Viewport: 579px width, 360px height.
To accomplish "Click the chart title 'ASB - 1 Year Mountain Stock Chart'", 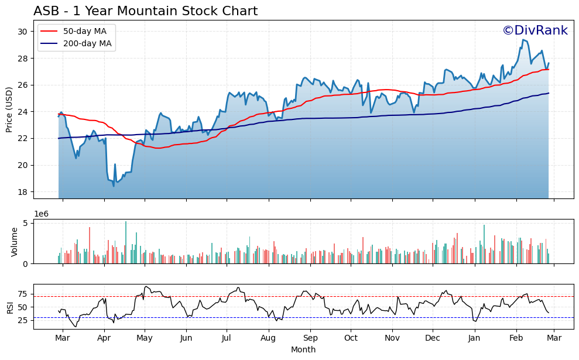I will pos(145,11).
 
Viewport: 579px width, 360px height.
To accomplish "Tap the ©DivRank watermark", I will pos(535,30).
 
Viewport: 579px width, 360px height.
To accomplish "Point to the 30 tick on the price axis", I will pos(23,32).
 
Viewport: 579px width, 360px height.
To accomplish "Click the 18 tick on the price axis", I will pos(23,192).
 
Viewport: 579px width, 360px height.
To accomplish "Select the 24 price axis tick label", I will pos(23,112).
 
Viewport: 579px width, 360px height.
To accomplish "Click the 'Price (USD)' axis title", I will pos(9,109).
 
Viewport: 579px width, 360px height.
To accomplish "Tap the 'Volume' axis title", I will pos(15,242).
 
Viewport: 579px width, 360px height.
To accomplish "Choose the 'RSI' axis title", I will pos(9,307).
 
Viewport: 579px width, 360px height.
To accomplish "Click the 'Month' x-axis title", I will pos(303,349).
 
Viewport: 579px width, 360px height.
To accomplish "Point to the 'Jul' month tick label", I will pos(227,338).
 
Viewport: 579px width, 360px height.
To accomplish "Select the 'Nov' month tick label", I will pos(392,338).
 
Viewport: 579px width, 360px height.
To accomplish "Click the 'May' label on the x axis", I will pos(145,338).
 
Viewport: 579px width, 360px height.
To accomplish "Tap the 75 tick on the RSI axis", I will pos(22,294).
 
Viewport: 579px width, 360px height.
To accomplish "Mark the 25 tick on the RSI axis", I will pos(22,320).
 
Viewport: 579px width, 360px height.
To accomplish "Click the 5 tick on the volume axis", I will pos(25,223).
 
